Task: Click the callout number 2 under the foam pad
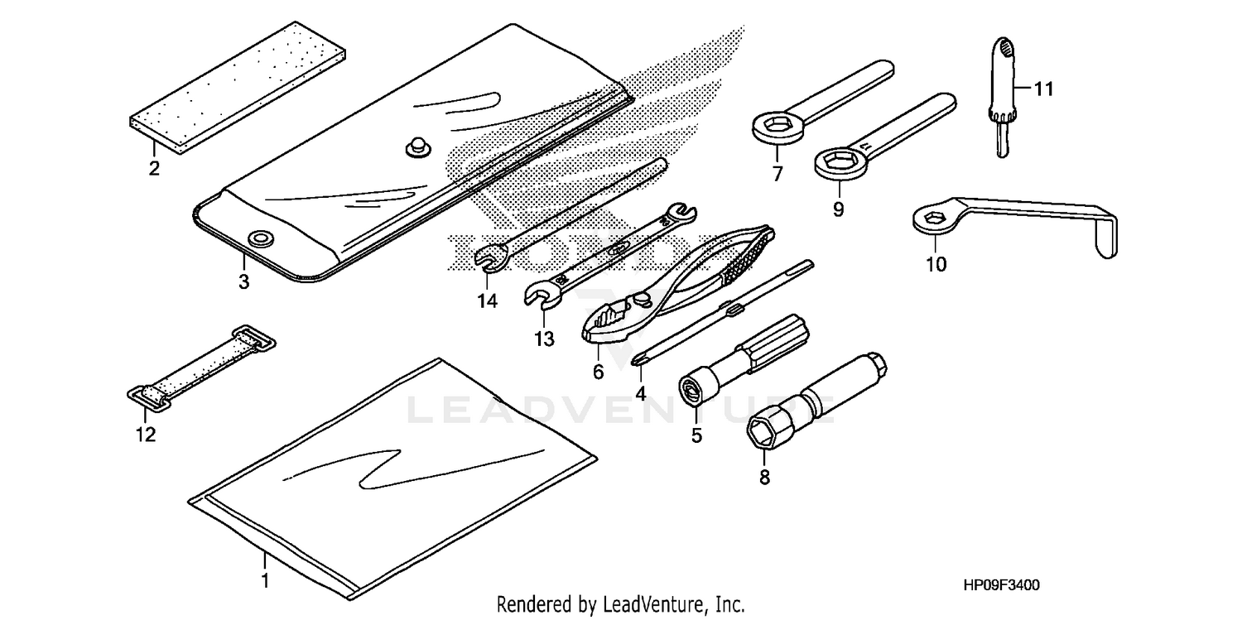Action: click(153, 169)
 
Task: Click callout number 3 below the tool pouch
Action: click(243, 281)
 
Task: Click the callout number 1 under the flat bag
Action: click(265, 581)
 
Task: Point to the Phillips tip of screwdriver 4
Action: click(639, 358)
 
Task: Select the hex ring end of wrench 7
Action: click(777, 127)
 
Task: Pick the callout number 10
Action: click(936, 265)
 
